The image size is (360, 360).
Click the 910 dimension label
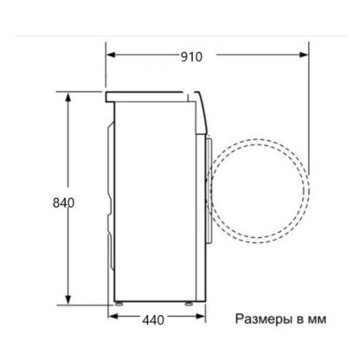pyautogui.click(x=191, y=57)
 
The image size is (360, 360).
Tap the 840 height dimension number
pyautogui.click(x=63, y=202)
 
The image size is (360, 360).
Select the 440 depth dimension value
pyautogui.click(x=153, y=320)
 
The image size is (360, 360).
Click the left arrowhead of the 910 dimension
pyautogui.click(x=111, y=55)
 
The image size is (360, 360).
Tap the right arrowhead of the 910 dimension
pyautogui.click(x=304, y=55)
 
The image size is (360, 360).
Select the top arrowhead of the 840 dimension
pyautogui.click(x=68, y=97)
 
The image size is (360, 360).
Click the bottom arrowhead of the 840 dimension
pyautogui.click(x=68, y=299)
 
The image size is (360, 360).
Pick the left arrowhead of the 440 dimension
pyautogui.click(x=113, y=317)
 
